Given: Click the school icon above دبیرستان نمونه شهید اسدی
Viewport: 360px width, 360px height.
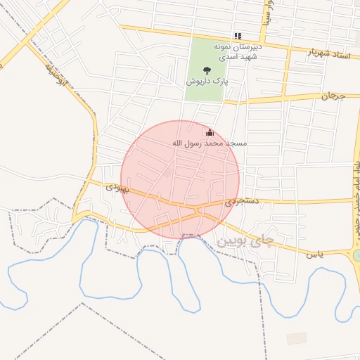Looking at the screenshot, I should coord(238,36).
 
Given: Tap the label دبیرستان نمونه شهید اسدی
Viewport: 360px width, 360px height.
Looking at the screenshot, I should coord(238,51).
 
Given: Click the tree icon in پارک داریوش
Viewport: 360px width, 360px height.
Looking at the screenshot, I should coord(207,70).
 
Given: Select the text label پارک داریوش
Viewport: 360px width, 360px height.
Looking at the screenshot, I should coord(207,82).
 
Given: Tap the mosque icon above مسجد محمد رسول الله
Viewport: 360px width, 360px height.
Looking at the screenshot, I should coord(210,132).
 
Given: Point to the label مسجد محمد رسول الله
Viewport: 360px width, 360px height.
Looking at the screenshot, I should coord(210,143).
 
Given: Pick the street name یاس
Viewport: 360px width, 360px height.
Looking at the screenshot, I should coord(314,253).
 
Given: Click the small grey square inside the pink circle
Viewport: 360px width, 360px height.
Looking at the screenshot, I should coord(168,172).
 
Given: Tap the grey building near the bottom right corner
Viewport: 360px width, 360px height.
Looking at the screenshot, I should coord(297,338).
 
